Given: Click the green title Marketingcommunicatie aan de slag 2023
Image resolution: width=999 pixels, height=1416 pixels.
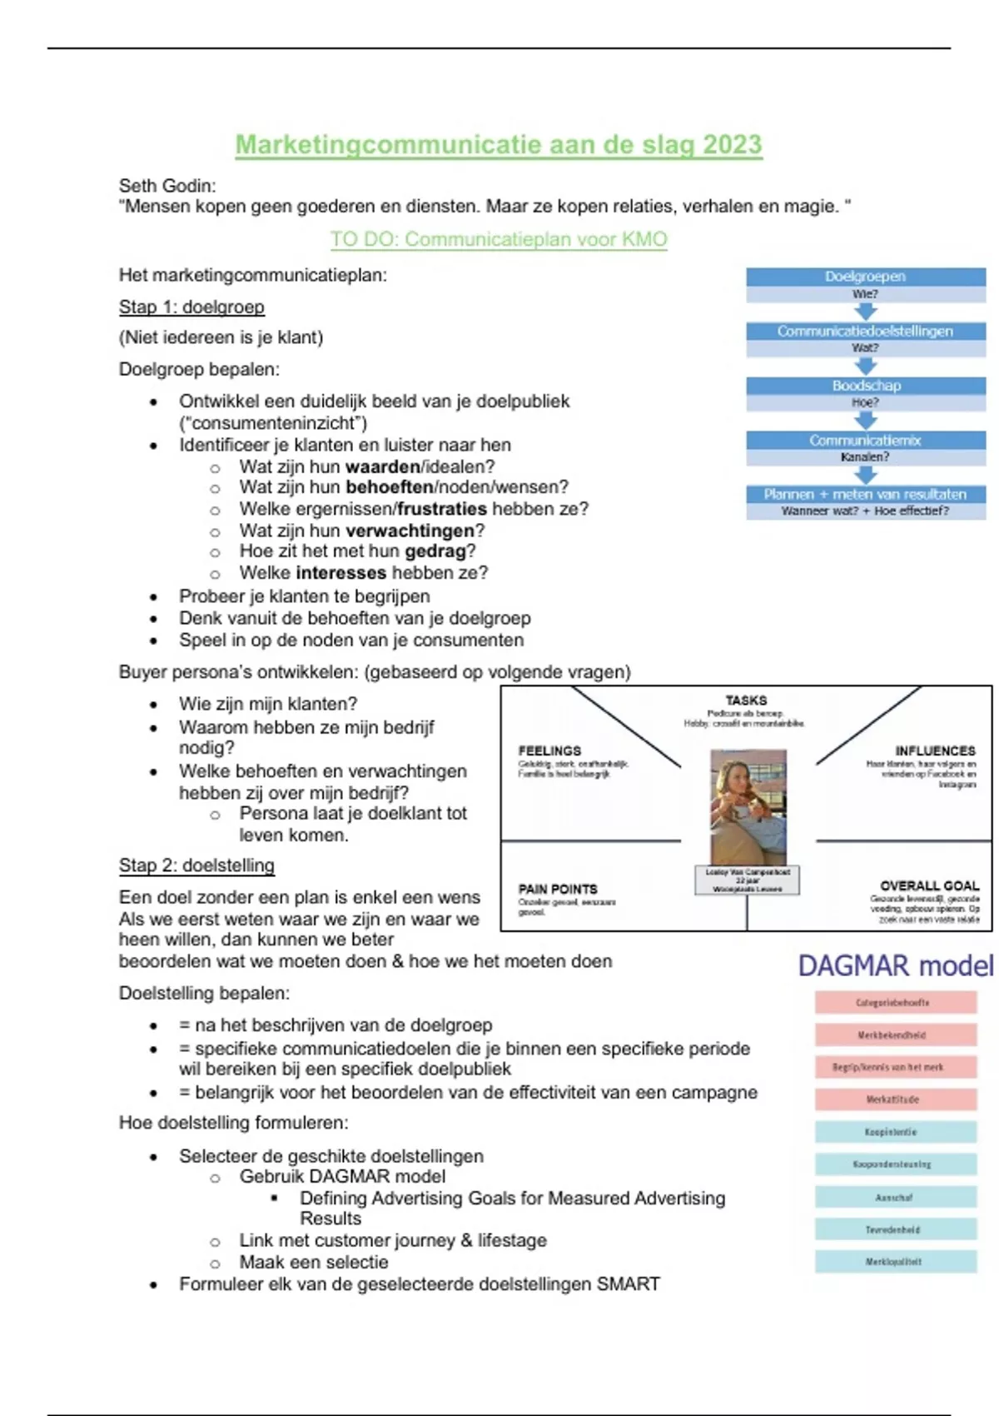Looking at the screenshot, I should click(x=498, y=145).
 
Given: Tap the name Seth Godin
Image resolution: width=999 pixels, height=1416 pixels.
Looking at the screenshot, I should click(x=167, y=186).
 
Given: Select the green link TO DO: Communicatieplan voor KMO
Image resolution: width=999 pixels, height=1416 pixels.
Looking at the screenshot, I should click(x=499, y=240).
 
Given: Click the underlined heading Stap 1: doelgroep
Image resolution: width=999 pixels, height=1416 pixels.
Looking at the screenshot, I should click(x=191, y=307).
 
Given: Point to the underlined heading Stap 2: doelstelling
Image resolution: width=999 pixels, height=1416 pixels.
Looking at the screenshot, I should click(x=196, y=865).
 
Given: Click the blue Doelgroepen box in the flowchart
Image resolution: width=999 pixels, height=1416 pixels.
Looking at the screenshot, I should click(x=865, y=277).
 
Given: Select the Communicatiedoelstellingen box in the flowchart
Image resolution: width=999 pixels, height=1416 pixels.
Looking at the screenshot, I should click(x=865, y=331).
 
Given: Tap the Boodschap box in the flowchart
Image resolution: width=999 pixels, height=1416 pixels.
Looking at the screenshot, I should click(x=866, y=386).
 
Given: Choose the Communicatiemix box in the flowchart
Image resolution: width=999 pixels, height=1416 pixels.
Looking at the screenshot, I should click(x=865, y=440).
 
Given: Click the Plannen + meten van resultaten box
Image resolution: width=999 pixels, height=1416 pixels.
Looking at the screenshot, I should click(x=865, y=494).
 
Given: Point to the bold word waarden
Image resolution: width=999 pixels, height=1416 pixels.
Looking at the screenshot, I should click(x=383, y=466).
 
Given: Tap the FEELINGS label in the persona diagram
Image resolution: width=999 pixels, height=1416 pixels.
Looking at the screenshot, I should click(x=549, y=750).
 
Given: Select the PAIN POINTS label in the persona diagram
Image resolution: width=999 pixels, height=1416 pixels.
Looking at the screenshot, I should click(x=558, y=889).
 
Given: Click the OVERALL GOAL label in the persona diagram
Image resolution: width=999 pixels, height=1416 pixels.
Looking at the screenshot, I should click(x=929, y=885).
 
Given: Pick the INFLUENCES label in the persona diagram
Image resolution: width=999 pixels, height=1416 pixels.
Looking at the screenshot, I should click(x=935, y=750).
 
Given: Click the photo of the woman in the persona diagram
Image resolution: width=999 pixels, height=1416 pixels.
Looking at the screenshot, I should click(x=748, y=805).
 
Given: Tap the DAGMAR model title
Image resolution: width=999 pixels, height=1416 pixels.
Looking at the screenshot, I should click(x=896, y=966).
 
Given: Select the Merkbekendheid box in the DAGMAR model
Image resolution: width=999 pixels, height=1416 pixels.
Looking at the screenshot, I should click(x=895, y=1035).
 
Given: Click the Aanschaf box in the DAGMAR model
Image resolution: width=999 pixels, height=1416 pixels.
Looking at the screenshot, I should click(x=895, y=1197).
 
